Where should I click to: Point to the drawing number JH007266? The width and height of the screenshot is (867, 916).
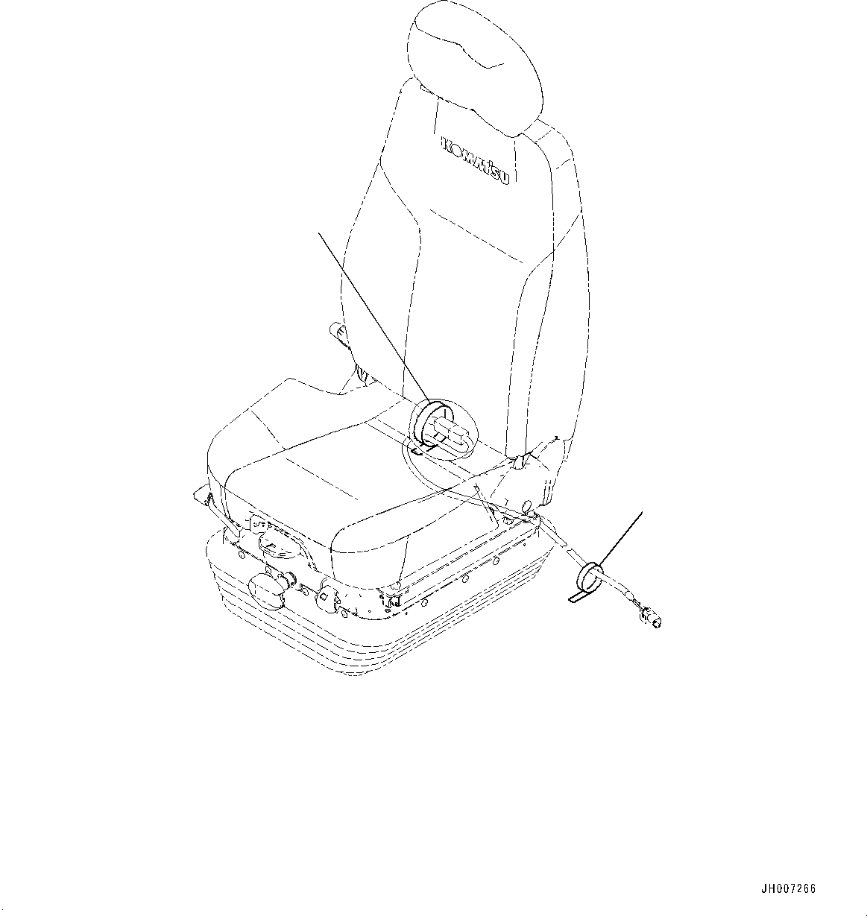(788, 889)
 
